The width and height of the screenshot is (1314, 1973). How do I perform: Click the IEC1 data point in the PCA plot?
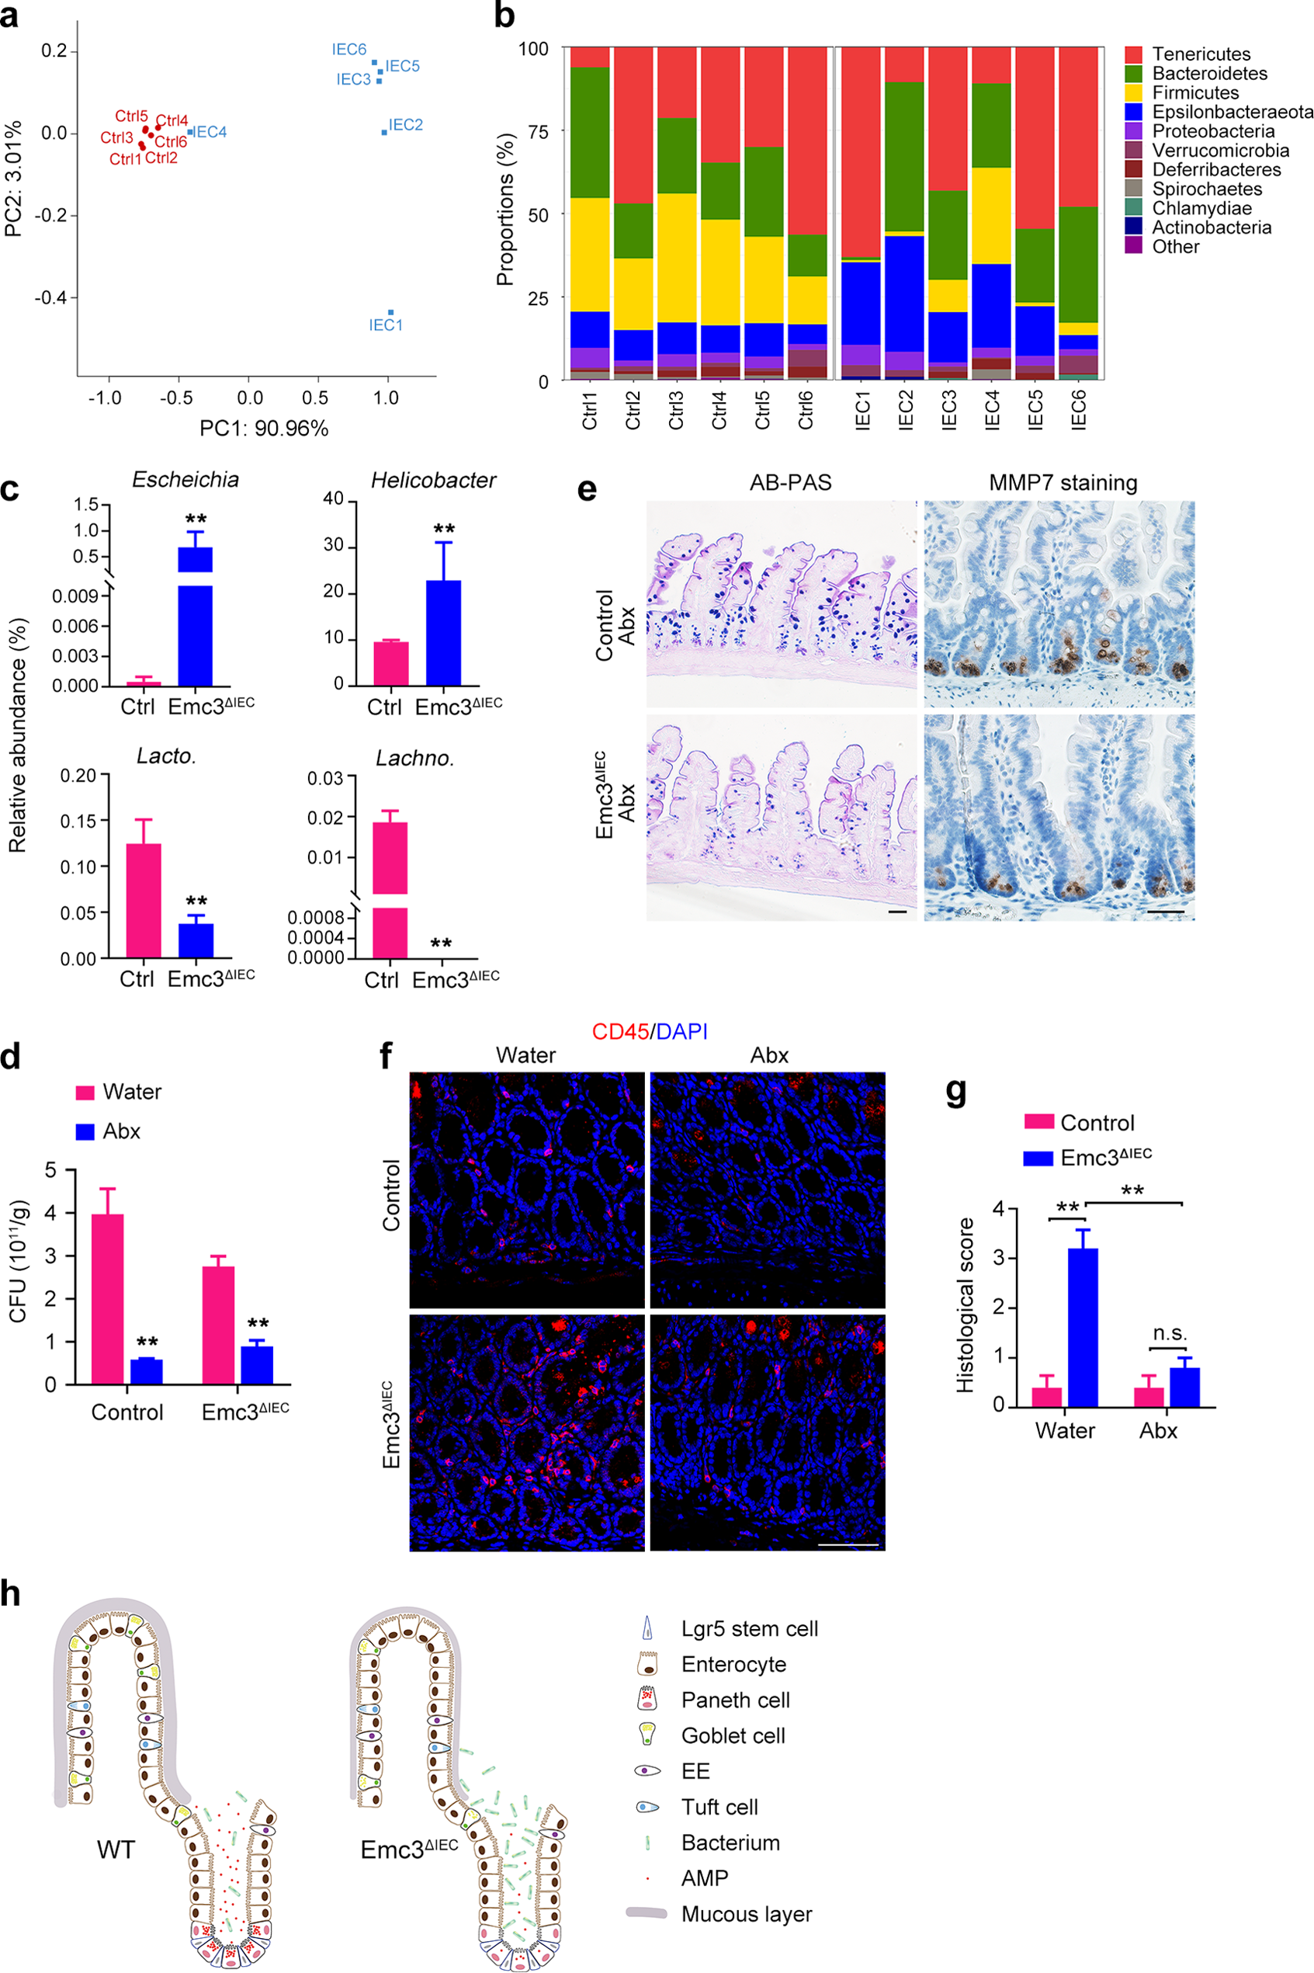390,312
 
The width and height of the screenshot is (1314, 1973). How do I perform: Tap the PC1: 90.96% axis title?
264,429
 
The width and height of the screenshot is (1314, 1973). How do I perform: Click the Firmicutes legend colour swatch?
1134,93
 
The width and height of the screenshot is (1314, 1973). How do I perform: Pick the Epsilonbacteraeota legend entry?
1232,113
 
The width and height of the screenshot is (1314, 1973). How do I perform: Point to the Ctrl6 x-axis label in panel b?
806,410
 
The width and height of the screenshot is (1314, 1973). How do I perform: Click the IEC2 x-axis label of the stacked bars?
906,410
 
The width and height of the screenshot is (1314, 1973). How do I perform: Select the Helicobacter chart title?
433,481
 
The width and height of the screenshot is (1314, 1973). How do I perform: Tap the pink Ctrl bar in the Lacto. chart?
144,900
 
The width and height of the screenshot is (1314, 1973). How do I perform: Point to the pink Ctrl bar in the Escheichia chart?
144,683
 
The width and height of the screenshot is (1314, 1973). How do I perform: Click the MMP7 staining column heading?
1063,483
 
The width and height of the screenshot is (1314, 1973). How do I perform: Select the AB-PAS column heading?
790,483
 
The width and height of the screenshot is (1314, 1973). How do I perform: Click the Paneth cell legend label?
735,1700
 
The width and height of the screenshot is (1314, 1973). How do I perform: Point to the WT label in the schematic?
116,1850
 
